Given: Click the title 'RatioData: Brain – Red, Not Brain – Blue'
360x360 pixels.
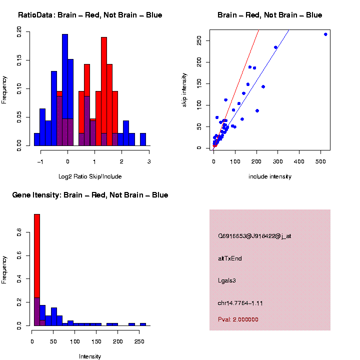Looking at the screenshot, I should (90, 15).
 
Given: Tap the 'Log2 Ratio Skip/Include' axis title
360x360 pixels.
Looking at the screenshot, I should (90, 176).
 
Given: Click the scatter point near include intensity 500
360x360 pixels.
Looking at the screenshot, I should (325, 34).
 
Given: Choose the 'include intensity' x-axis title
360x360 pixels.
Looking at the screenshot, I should (270, 176).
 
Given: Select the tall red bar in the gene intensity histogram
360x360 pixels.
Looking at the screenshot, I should (37, 255).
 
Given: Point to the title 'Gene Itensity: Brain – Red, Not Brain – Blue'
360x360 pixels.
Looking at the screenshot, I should (90, 195).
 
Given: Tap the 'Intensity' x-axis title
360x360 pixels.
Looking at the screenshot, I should (90, 356).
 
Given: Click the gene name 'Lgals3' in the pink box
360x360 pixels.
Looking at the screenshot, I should (226, 280).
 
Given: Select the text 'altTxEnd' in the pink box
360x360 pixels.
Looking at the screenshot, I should (230, 258).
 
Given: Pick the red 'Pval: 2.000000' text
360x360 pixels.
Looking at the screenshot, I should (238, 319).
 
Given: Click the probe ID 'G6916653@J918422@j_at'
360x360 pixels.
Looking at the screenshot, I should (254, 236).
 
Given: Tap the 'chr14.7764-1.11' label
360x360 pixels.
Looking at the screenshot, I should (240, 303).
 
